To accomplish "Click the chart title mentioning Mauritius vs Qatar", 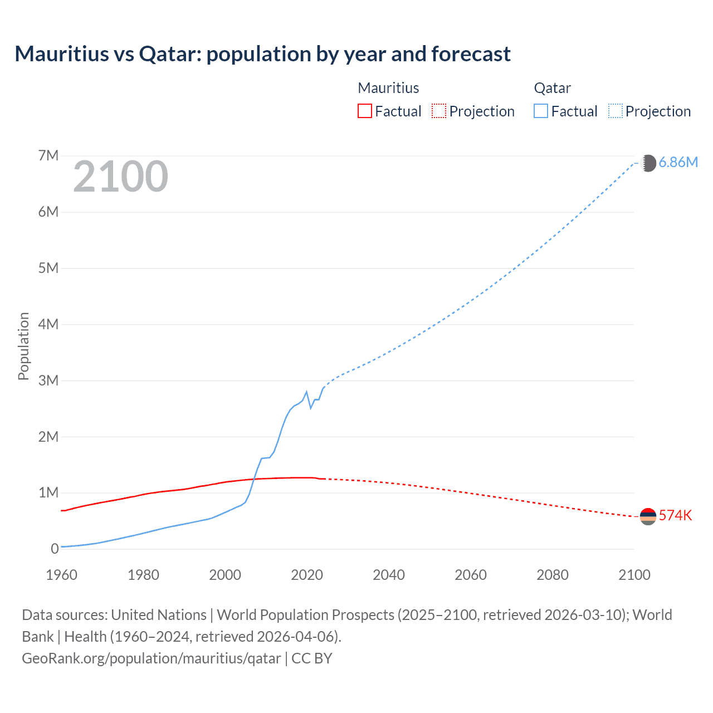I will pyautogui.click(x=262, y=54).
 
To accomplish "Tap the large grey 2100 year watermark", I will pyautogui.click(x=120, y=177).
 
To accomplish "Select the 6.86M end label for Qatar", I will pyautogui.click(x=678, y=162).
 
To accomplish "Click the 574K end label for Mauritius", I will pyautogui.click(x=675, y=515).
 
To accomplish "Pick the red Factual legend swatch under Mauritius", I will pyautogui.click(x=364, y=111).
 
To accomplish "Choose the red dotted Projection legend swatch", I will pyautogui.click(x=439, y=111).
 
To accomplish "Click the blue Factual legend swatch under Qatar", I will pyautogui.click(x=540, y=111).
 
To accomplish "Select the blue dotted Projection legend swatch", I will pyautogui.click(x=616, y=111).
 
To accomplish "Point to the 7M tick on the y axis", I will pyautogui.click(x=48, y=155).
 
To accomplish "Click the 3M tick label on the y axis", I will pyautogui.click(x=48, y=380).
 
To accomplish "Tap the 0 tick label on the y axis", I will pyautogui.click(x=55, y=549).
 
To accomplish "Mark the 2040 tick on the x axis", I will pyautogui.click(x=389, y=575).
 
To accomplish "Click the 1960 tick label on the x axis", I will pyautogui.click(x=61, y=575).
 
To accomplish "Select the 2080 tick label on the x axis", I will pyautogui.click(x=553, y=575).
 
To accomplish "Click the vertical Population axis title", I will pyautogui.click(x=23, y=346).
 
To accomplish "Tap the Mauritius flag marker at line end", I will pyautogui.click(x=648, y=516).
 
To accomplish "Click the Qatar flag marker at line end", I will pyautogui.click(x=649, y=163).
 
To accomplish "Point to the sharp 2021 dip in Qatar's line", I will pyautogui.click(x=311, y=408).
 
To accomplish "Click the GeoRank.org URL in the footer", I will pyautogui.click(x=152, y=658).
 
